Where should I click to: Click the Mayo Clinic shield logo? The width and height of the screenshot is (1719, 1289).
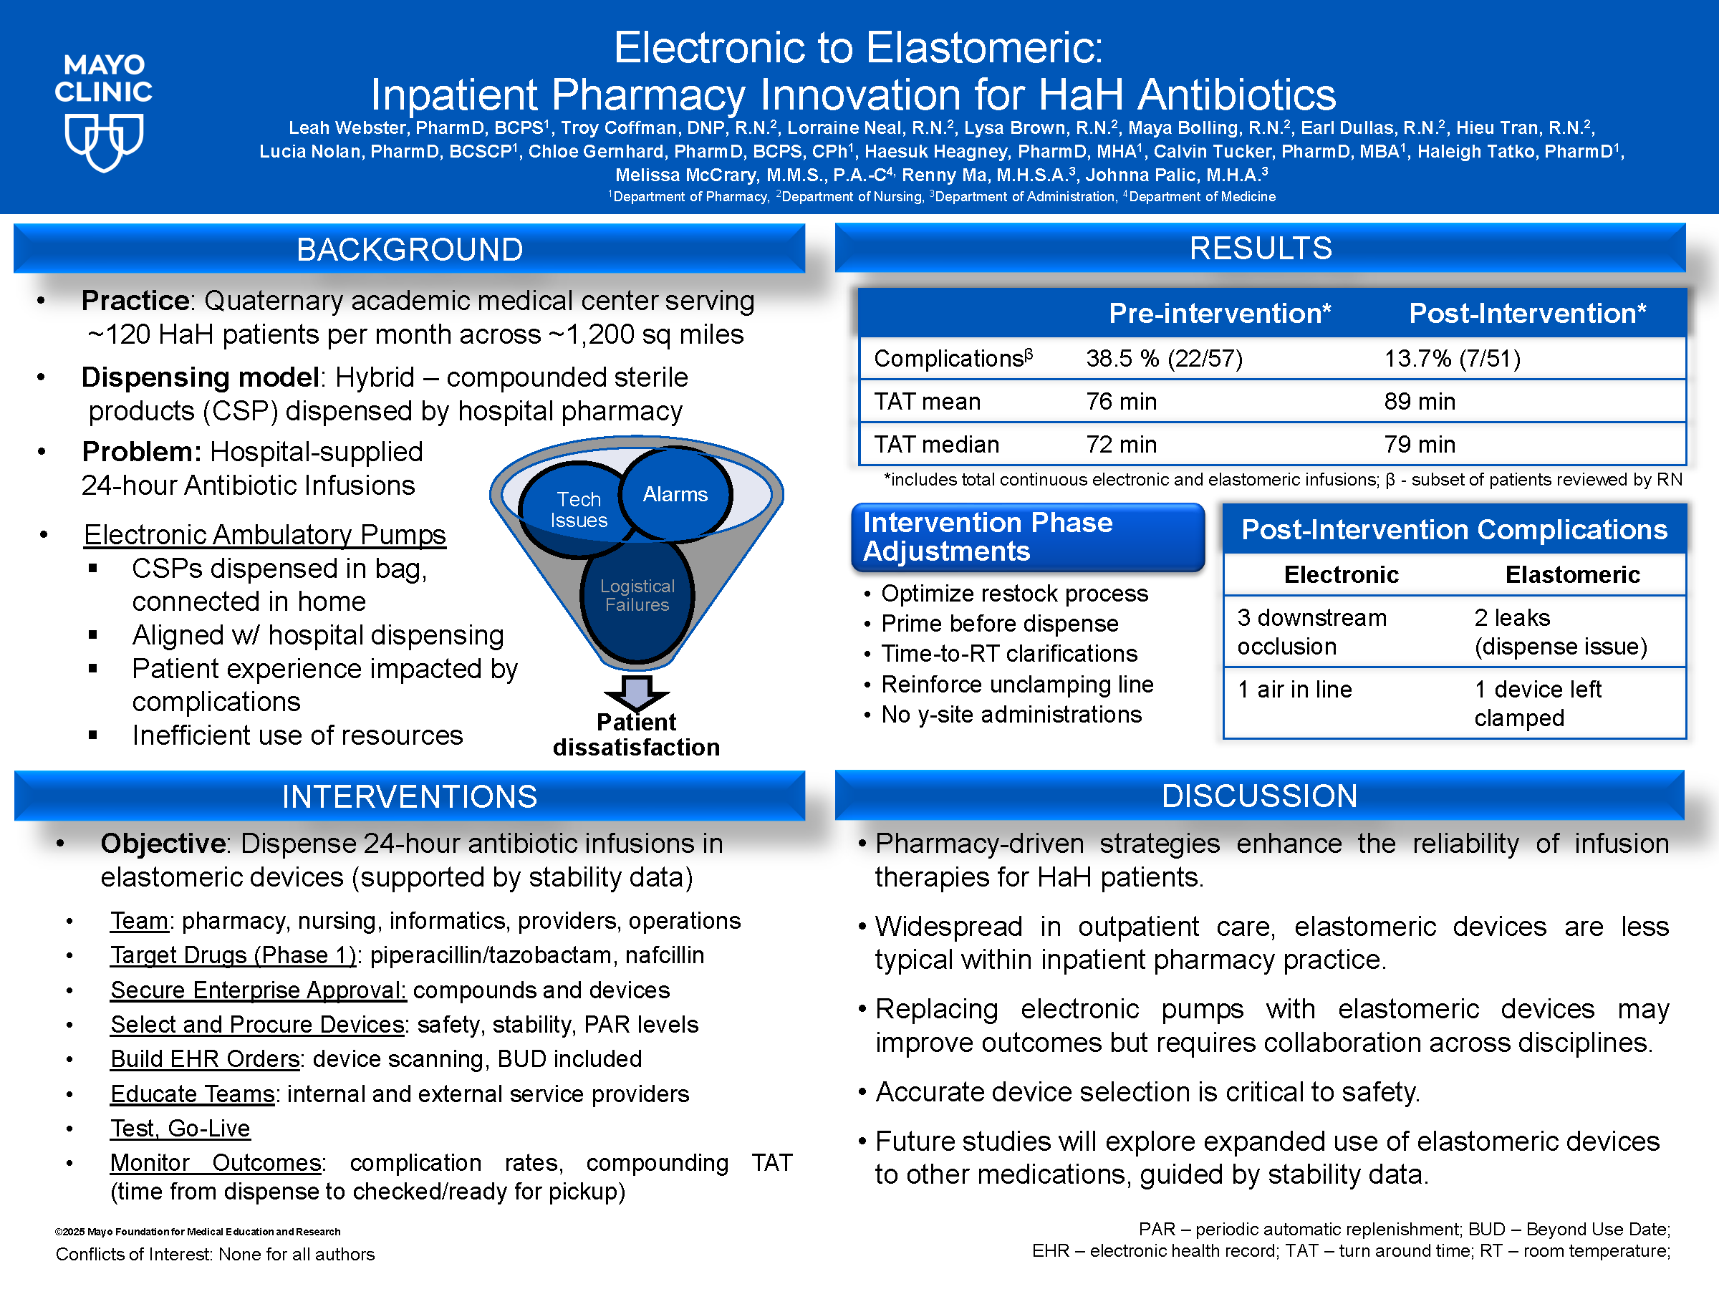pyautogui.click(x=103, y=143)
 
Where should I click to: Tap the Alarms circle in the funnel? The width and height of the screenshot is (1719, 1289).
pyautogui.click(x=675, y=494)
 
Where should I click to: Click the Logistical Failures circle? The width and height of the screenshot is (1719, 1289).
pyautogui.click(x=637, y=596)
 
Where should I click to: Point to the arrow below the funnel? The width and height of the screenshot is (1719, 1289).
pyautogui.click(x=637, y=691)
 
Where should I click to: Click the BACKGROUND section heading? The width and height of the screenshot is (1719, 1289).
pyautogui.click(x=410, y=249)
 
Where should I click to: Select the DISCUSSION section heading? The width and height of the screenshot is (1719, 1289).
pyautogui.click(x=1259, y=796)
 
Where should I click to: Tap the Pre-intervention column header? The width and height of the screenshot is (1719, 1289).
pyautogui.click(x=1219, y=313)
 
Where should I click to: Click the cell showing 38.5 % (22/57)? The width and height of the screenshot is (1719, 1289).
pyautogui.click(x=1164, y=358)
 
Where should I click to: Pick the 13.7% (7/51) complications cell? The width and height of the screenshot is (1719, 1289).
pyautogui.click(x=1452, y=358)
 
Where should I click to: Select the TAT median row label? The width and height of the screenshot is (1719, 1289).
pyautogui.click(x=936, y=445)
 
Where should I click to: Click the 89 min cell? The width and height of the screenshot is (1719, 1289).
pyautogui.click(x=1419, y=401)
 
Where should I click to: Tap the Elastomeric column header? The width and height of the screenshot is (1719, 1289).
pyautogui.click(x=1572, y=574)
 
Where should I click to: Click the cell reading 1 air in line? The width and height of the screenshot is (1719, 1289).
pyautogui.click(x=1294, y=689)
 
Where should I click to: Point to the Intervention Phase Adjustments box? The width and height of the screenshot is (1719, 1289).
pyautogui.click(x=1027, y=537)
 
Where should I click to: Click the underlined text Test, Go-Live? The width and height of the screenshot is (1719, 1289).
pyautogui.click(x=180, y=1127)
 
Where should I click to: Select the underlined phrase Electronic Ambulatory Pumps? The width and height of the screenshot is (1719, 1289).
pyautogui.click(x=265, y=534)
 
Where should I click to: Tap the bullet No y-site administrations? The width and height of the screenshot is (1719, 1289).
pyautogui.click(x=1010, y=714)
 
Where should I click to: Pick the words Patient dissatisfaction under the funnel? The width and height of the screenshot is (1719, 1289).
pyautogui.click(x=637, y=734)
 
